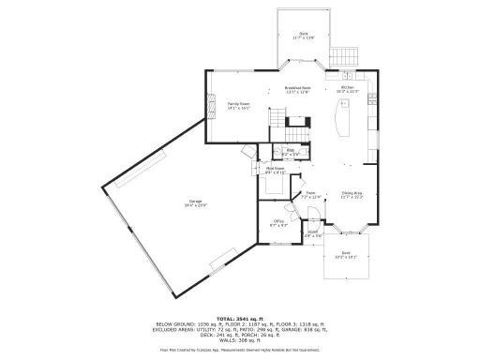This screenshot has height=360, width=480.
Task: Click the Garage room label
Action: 196,201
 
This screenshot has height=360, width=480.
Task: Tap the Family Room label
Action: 239,103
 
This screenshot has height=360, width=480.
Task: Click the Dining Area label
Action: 352,193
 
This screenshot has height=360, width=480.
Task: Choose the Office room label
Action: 278,222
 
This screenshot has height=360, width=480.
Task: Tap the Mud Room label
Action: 275,169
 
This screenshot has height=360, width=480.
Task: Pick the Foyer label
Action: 309,193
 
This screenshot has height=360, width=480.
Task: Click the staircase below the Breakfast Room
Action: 277,118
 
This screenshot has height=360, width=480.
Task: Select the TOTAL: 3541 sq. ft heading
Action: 239,318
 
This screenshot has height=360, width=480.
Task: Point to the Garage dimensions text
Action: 196,205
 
